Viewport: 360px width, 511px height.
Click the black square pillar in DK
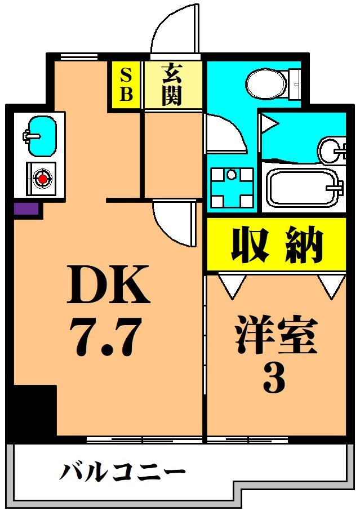(34, 411)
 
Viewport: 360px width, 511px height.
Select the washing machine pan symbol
(231, 188)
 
